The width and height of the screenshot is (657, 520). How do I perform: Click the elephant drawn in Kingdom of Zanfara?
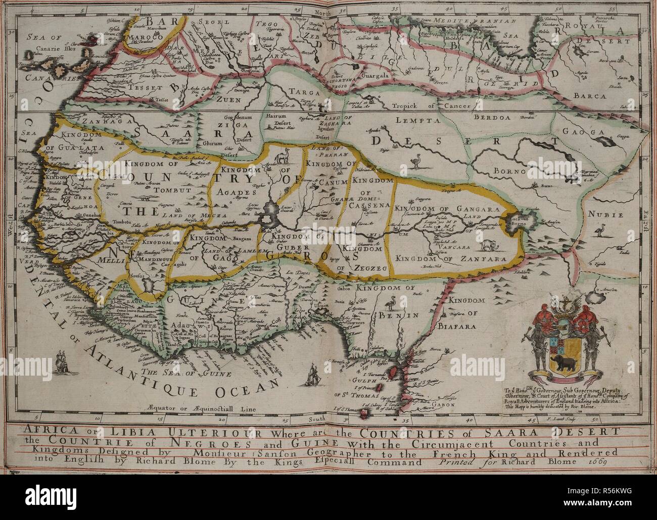(489, 245)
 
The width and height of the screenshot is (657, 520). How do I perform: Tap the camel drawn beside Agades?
(285, 157)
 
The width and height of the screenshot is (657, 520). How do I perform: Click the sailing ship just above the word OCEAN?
(314, 375)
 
